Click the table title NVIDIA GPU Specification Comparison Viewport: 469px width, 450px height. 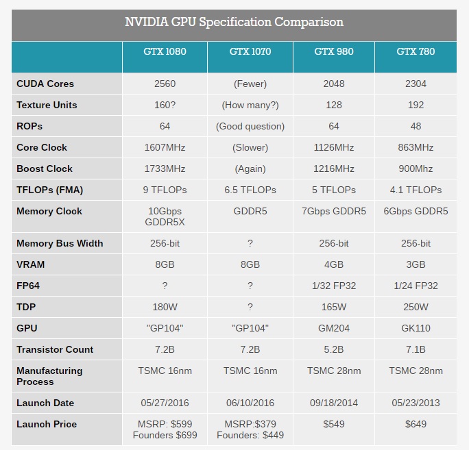click(x=234, y=22)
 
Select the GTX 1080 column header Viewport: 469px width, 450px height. click(x=165, y=51)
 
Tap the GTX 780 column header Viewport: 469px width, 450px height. click(x=416, y=51)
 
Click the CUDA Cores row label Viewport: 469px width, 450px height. click(x=45, y=84)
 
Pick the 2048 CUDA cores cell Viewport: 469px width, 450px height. click(x=333, y=84)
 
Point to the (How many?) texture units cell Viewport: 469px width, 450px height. click(x=250, y=105)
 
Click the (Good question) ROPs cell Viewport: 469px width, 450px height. click(x=250, y=126)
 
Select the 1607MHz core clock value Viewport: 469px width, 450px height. click(x=165, y=147)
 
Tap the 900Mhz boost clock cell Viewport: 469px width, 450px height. click(x=416, y=168)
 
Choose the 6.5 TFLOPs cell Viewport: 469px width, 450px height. click(x=250, y=190)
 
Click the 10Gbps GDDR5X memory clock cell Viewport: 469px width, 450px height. click(x=165, y=217)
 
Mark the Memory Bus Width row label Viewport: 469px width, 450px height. click(x=60, y=243)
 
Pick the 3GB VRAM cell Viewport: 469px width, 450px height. click(x=416, y=264)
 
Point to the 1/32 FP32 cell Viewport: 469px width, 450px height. click(x=333, y=286)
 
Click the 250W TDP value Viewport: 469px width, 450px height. click(x=416, y=307)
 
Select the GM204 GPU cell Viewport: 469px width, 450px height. click(x=333, y=328)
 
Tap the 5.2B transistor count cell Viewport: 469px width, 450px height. click(x=333, y=349)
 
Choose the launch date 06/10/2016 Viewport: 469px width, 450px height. click(x=250, y=403)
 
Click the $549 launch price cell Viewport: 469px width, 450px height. click(x=333, y=424)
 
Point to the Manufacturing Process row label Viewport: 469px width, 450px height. click(x=49, y=376)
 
